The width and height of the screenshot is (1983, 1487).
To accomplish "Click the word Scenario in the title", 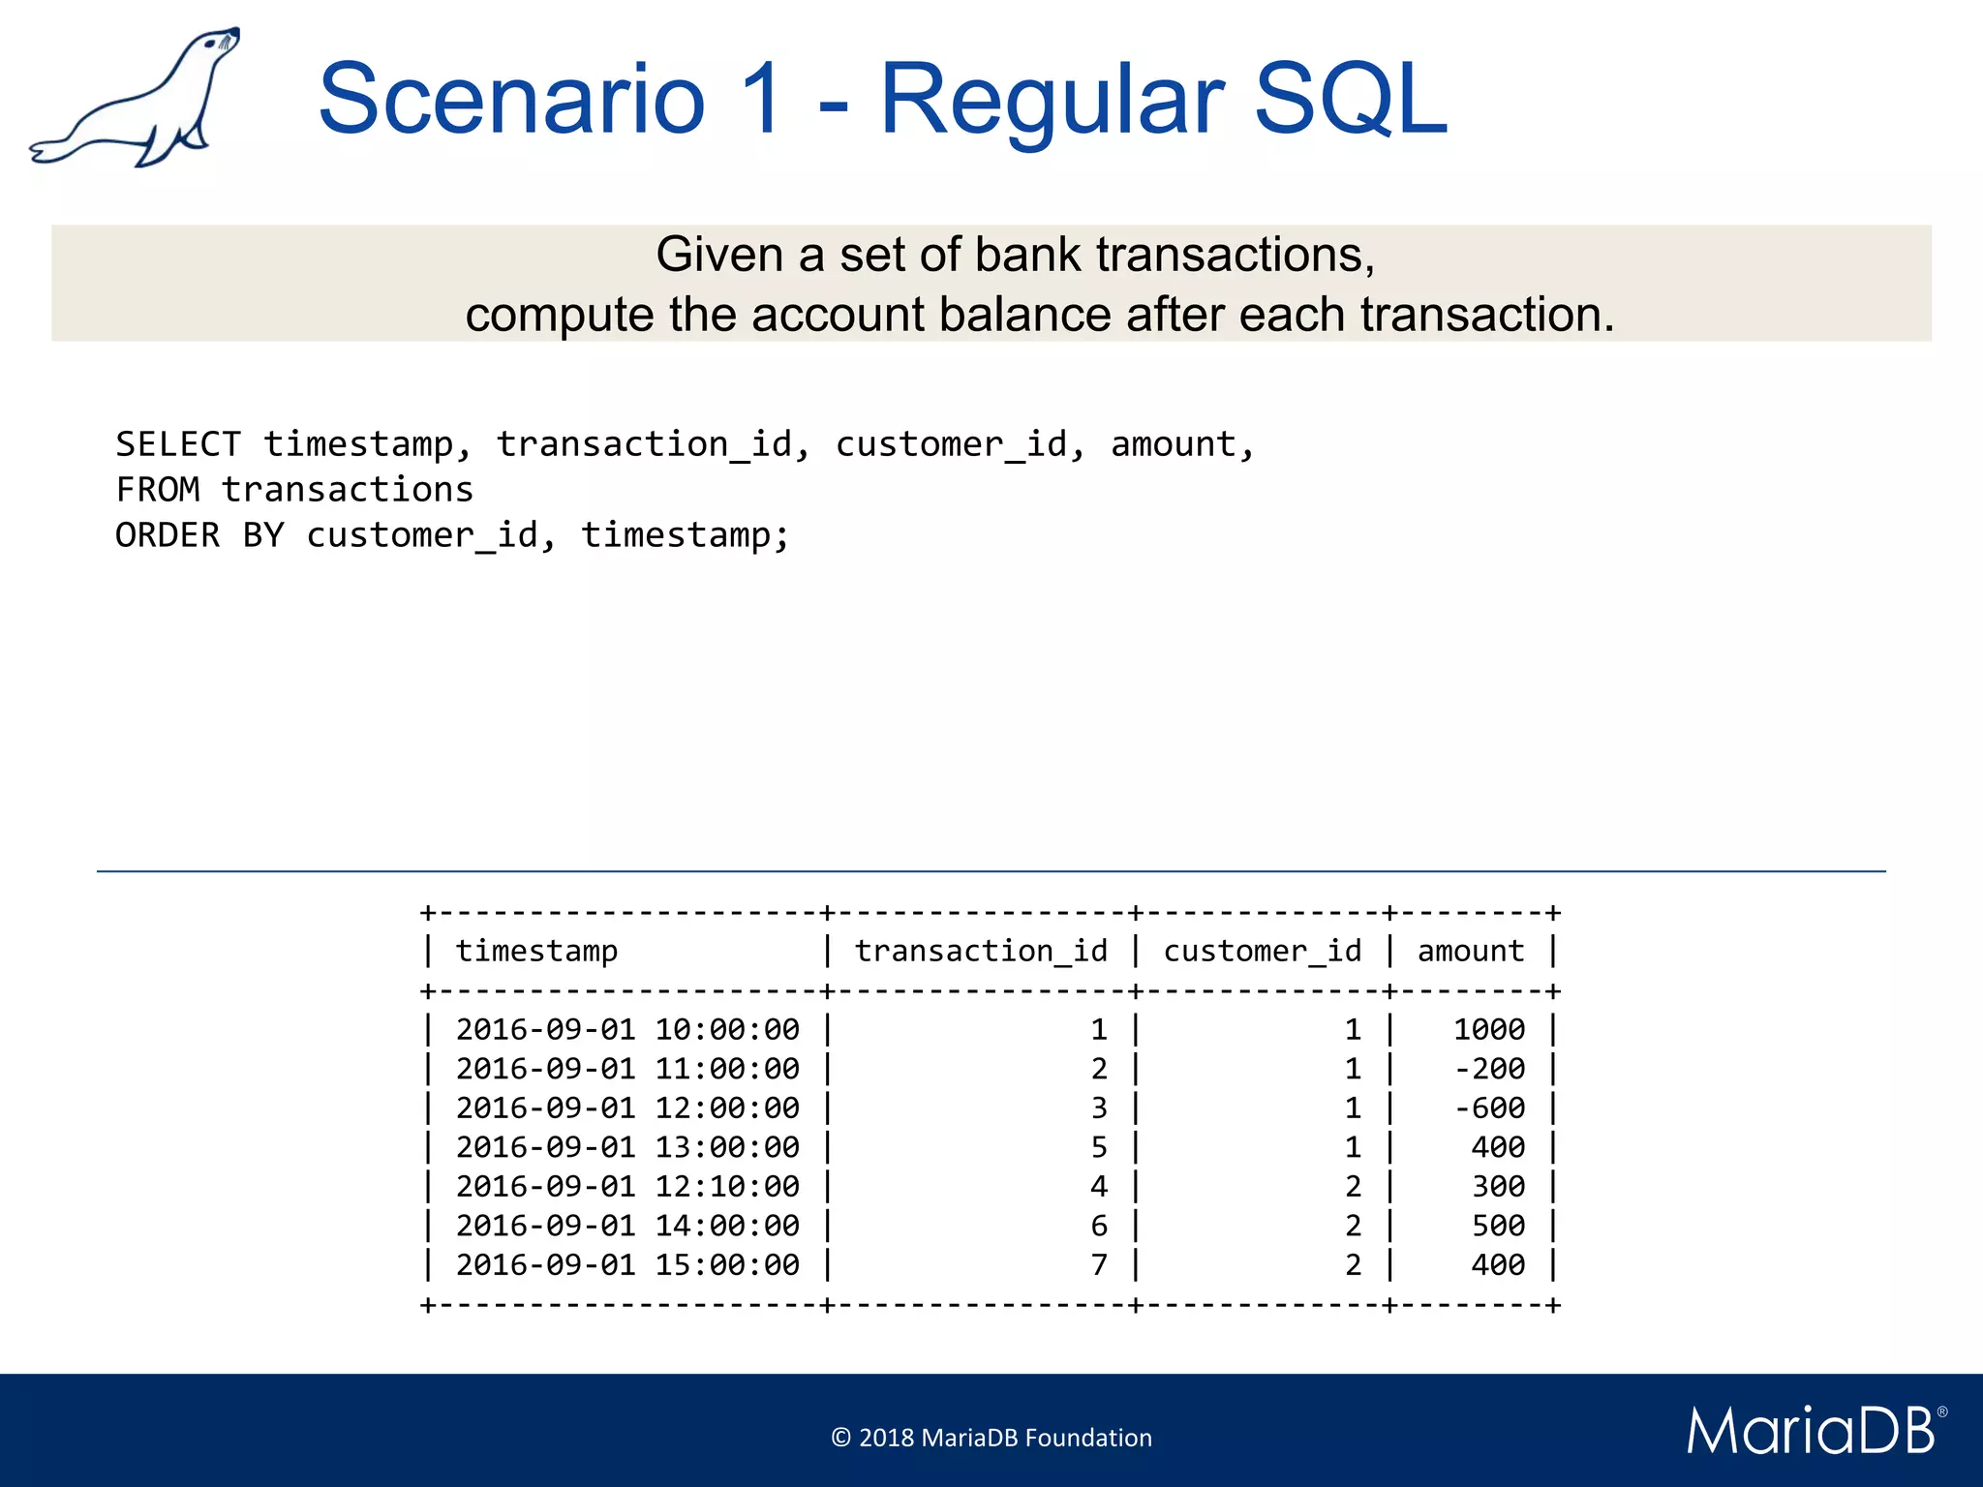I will (511, 99).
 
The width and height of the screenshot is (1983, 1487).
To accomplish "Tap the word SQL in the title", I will (1350, 99).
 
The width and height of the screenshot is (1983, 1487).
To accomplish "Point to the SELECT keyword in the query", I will (178, 444).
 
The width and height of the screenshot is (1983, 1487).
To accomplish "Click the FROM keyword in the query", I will (158, 490).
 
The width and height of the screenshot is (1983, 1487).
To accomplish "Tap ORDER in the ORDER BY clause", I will (168, 535).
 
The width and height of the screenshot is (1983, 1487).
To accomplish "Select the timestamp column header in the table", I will (536, 952).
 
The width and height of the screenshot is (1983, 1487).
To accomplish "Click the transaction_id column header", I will (981, 952).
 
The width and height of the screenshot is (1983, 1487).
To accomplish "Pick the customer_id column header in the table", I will (1262, 952).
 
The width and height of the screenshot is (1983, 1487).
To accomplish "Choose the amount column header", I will (1471, 952).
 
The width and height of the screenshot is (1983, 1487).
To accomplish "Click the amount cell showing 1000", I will (1489, 1030).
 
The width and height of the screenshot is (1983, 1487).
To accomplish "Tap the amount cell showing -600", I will (1490, 1108).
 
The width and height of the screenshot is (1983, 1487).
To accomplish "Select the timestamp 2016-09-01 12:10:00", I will (627, 1187).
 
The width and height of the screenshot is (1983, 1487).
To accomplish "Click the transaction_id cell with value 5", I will (1099, 1148).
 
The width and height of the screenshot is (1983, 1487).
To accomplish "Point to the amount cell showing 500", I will (1498, 1227).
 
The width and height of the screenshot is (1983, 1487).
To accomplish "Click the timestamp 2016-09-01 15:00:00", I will (627, 1265).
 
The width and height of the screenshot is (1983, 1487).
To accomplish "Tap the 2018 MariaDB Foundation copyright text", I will (991, 1438).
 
